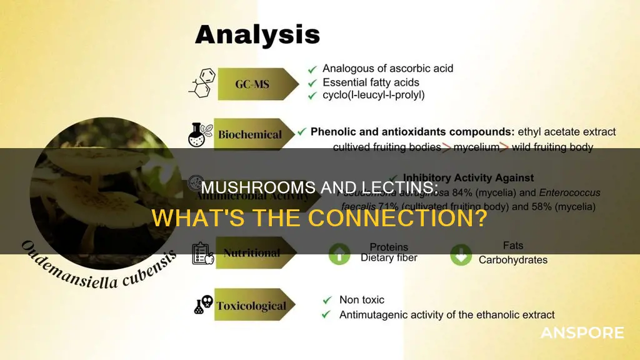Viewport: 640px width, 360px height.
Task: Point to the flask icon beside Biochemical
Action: point(199,134)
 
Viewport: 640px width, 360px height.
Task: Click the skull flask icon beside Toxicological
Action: point(202,306)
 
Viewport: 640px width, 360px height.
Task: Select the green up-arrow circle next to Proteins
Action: point(340,254)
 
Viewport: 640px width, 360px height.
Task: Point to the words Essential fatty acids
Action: point(371,82)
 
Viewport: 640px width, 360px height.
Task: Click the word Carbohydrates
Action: point(512,260)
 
